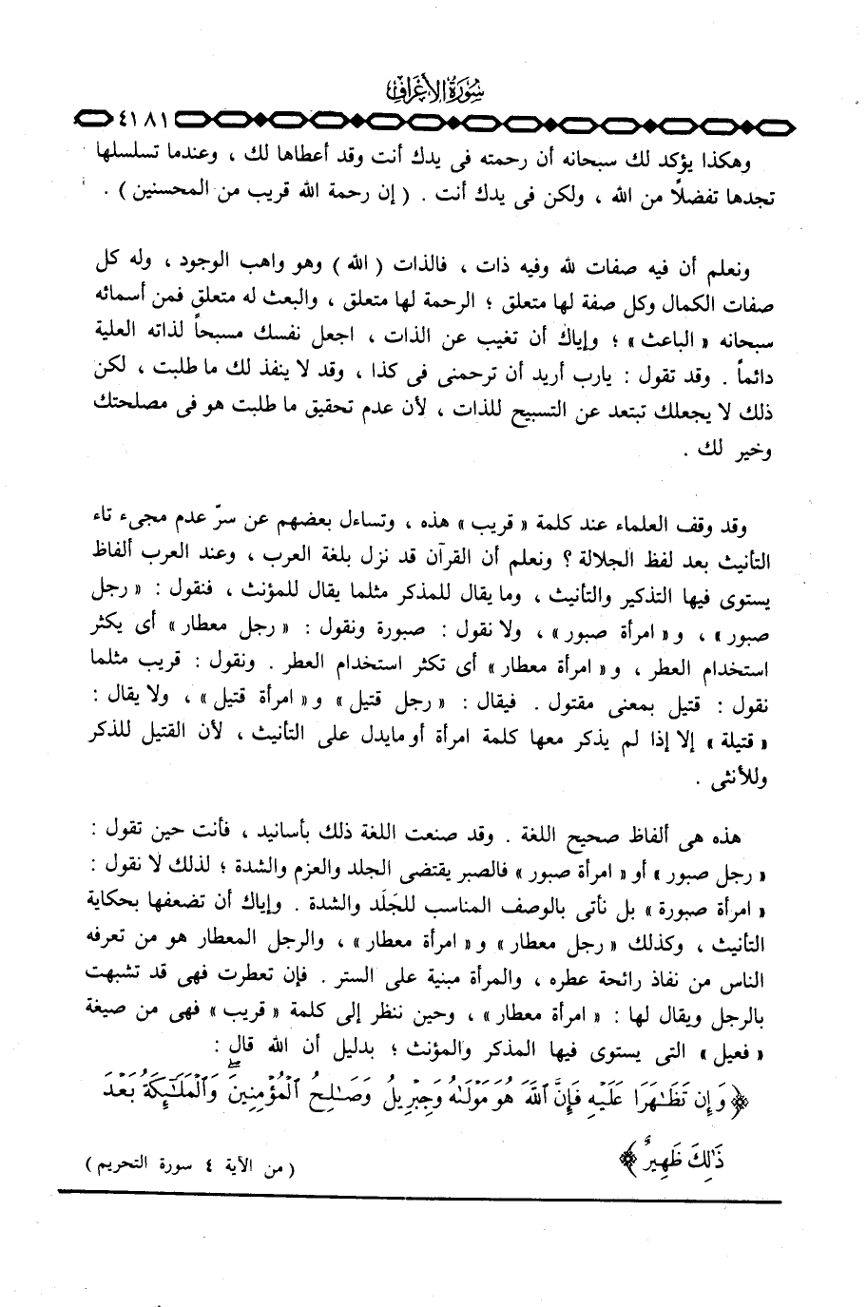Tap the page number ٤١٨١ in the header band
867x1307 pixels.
(142, 122)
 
